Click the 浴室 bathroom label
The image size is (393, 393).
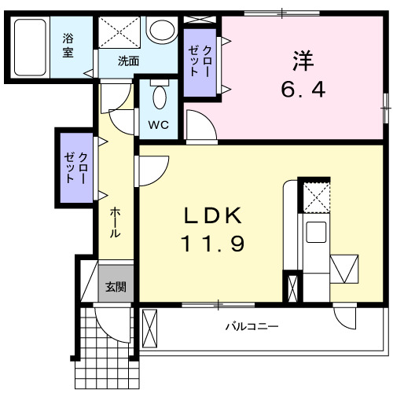tap(68, 46)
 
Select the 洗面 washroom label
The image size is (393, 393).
tap(129, 61)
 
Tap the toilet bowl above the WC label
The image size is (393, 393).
tap(159, 97)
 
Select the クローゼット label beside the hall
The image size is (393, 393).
tap(77, 166)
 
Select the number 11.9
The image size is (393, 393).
tap(214, 244)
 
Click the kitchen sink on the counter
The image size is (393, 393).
tap(317, 233)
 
